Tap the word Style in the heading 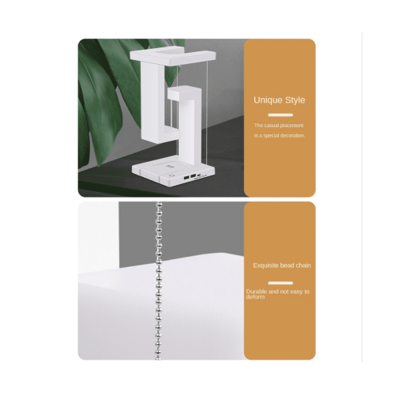click(294, 100)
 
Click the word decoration click(293, 136)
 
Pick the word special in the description click(273, 136)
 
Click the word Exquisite click(265, 265)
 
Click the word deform click(255, 297)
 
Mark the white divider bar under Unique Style click(280, 115)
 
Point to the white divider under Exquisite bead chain click(280, 283)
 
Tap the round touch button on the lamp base click(172, 175)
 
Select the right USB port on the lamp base click(193, 175)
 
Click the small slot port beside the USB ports click(199, 175)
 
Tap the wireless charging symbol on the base click(167, 167)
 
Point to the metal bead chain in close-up click(159, 281)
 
